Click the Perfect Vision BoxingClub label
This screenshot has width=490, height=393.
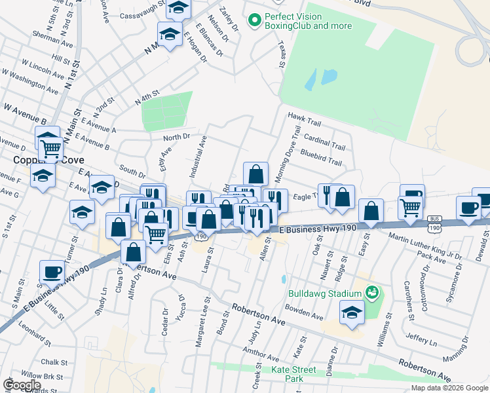(307, 21)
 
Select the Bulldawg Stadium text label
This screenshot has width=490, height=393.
(324, 292)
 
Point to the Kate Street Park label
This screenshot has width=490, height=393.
(294, 374)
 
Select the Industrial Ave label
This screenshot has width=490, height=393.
(198, 158)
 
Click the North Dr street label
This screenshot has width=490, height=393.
(176, 137)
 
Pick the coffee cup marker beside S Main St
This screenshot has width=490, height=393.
(52, 271)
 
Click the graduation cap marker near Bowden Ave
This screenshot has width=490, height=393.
(352, 312)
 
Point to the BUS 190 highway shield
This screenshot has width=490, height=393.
(434, 223)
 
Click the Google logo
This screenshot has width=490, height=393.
(21, 385)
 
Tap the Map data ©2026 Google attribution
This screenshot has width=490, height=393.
(449, 388)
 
